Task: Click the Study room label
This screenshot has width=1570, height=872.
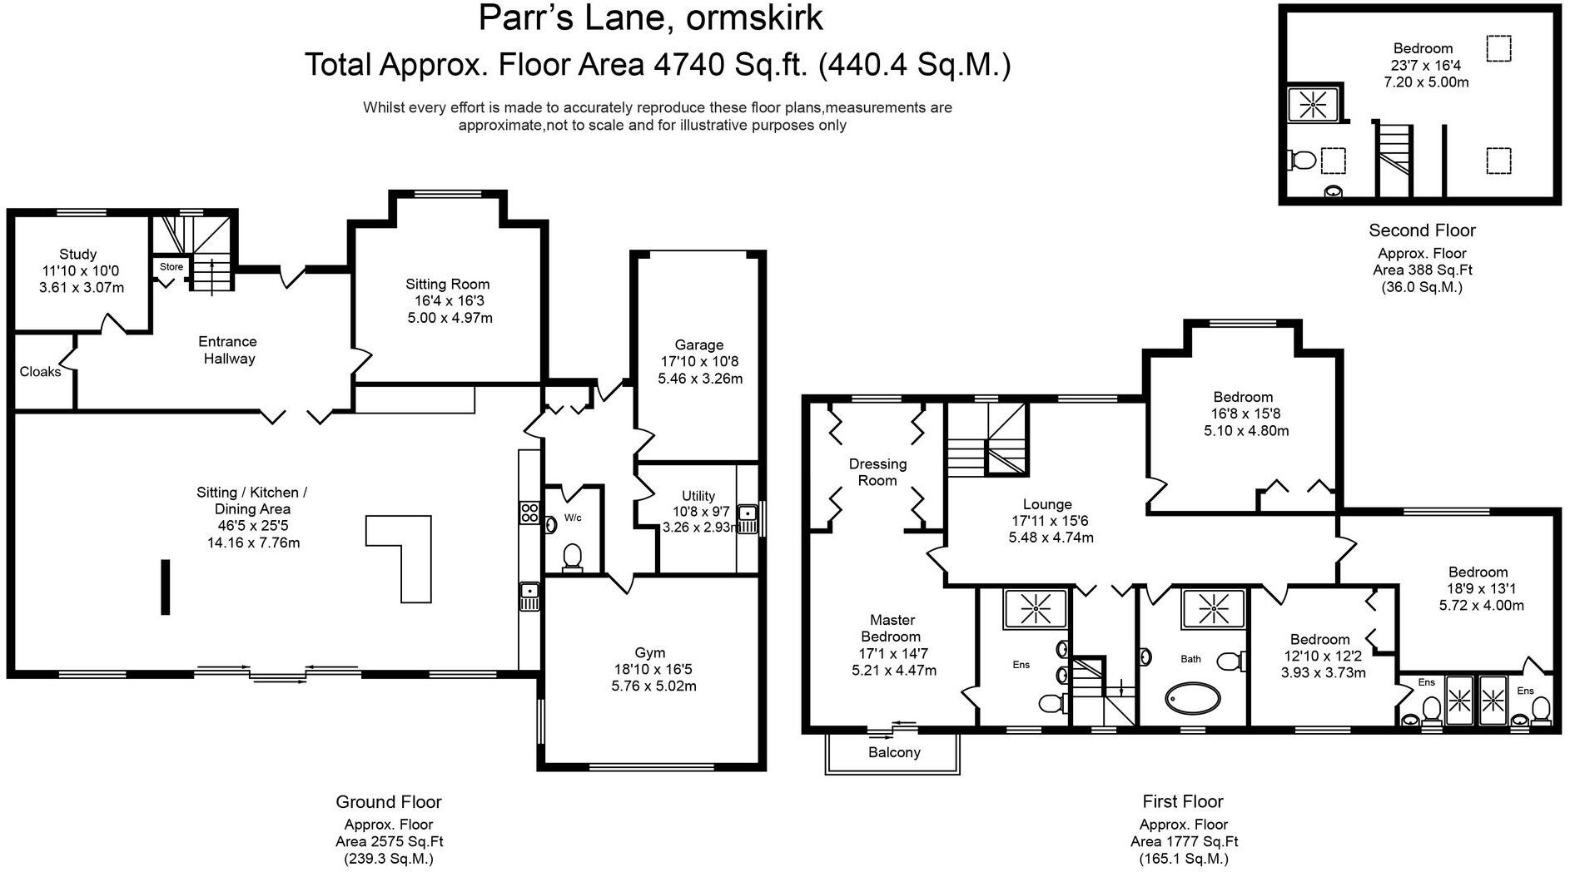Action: pyautogui.click(x=77, y=254)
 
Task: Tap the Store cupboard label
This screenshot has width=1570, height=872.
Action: pyautogui.click(x=171, y=267)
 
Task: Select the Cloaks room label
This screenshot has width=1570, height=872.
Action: pyautogui.click(x=40, y=372)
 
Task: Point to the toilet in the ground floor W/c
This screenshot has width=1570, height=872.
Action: pyautogui.click(x=572, y=556)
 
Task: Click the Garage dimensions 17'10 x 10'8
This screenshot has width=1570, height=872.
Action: pyautogui.click(x=699, y=362)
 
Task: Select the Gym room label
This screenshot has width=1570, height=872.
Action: pyautogui.click(x=650, y=653)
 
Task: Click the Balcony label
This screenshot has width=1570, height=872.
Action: pyautogui.click(x=894, y=752)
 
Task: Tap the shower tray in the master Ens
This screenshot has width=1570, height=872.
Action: pyautogui.click(x=1035, y=608)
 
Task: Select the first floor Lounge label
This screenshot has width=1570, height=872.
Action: pyautogui.click(x=1047, y=504)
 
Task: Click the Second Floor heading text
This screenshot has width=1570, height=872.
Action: pyautogui.click(x=1422, y=230)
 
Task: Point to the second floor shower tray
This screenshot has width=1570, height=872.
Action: pyautogui.click(x=1313, y=105)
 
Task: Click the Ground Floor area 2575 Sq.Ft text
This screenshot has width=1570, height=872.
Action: pyautogui.click(x=389, y=841)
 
